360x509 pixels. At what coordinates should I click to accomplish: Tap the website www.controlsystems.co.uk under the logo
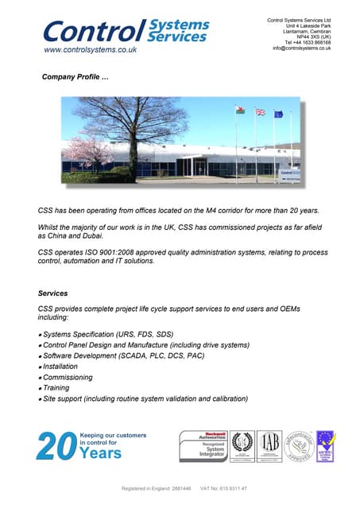pos(90,49)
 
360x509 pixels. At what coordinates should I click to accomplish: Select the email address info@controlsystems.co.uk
pos(301,48)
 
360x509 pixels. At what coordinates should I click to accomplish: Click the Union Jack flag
pos(259,112)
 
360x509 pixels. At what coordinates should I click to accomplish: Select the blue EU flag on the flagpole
pos(278,114)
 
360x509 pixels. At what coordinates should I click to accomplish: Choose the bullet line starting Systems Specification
pos(107,334)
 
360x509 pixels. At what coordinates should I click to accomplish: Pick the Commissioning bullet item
pos(69,378)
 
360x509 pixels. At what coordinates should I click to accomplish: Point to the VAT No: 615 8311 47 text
pos(223,488)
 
